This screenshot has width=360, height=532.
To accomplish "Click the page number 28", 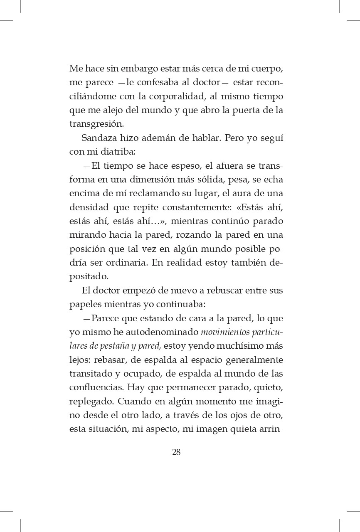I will tap(176, 452).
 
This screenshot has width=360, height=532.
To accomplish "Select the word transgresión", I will tap(96, 124).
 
